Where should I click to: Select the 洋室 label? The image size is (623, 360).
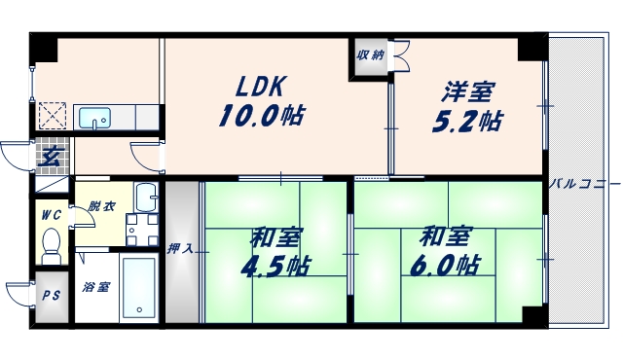(468, 93)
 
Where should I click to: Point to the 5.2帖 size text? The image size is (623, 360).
(468, 123)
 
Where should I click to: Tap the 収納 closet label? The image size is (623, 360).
(369, 54)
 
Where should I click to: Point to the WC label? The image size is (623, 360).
(52, 215)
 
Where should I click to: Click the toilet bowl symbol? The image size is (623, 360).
(53, 242)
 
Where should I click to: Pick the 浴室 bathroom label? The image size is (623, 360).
(95, 287)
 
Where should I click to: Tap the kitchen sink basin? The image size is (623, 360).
(94, 119)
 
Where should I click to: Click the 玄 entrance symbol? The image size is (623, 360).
(49, 154)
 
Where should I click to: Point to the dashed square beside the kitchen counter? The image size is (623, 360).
(51, 117)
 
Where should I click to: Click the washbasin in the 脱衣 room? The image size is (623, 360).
(145, 198)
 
